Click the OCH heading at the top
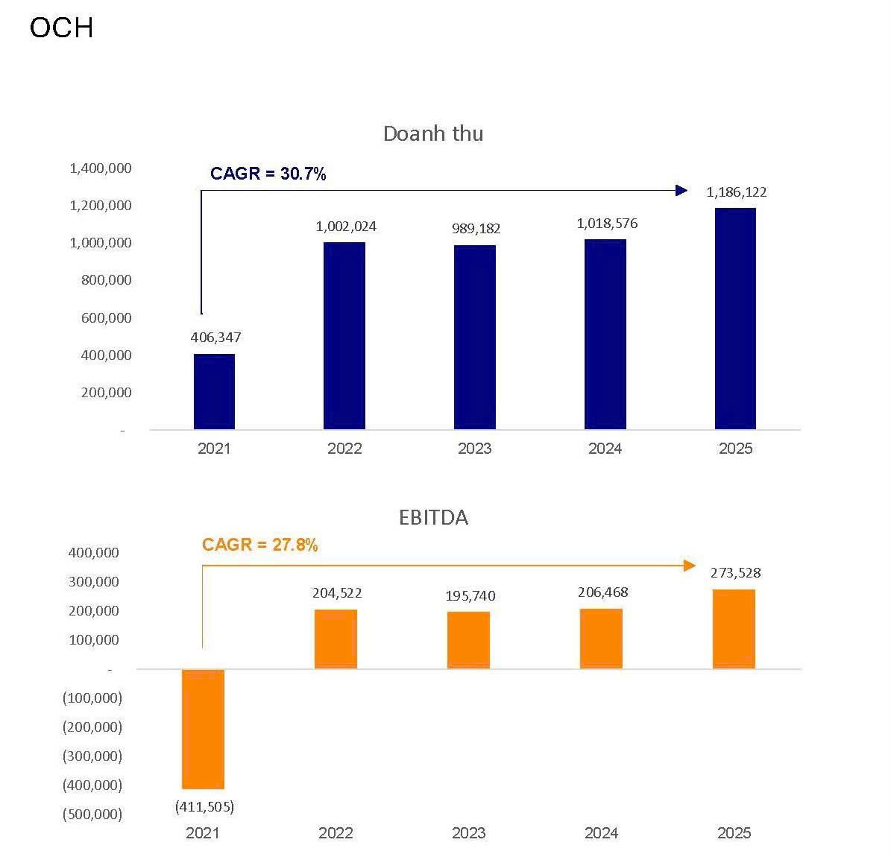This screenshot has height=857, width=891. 61,28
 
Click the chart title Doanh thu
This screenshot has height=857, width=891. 433,133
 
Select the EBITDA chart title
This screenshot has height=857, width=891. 433,517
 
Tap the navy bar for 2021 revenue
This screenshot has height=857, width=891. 214,391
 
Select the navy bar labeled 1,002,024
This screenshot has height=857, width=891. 344,335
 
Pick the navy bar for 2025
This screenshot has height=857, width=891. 735,318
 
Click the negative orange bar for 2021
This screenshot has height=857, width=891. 203,729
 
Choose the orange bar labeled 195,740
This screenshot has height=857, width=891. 468,640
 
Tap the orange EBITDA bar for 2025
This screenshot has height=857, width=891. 734,629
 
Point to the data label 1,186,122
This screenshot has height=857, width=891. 736,192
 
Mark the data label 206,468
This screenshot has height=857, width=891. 602,592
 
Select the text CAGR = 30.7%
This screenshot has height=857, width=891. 268,174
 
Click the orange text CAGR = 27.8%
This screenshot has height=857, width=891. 259,545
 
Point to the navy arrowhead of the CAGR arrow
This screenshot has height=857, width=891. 681,190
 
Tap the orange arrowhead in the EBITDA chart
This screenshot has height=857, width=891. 690,566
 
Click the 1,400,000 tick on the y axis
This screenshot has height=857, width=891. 101,168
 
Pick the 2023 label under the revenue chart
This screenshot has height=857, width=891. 474,449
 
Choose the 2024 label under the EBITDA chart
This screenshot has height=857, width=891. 601,833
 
